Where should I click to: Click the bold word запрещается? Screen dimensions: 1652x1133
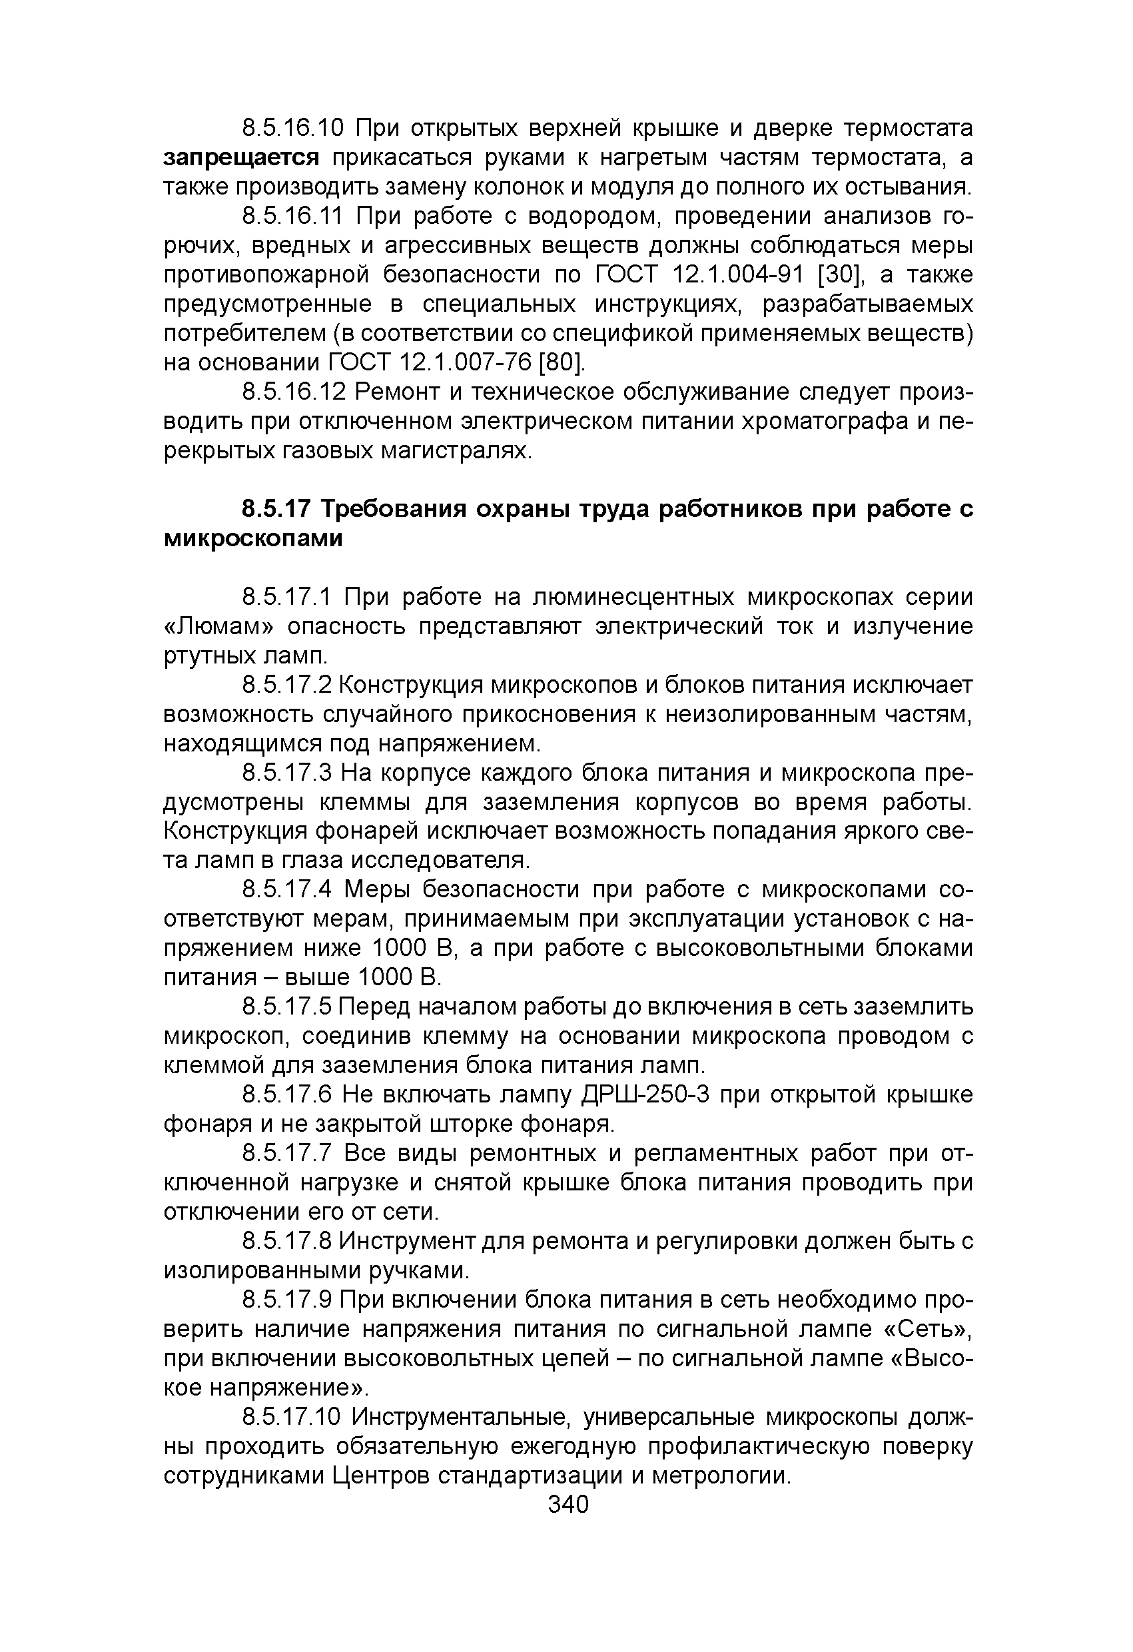pos(242,158)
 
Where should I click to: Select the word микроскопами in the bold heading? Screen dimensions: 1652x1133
pos(253,540)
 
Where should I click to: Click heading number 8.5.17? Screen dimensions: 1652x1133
pos(276,510)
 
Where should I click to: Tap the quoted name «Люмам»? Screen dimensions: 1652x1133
pos(219,627)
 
